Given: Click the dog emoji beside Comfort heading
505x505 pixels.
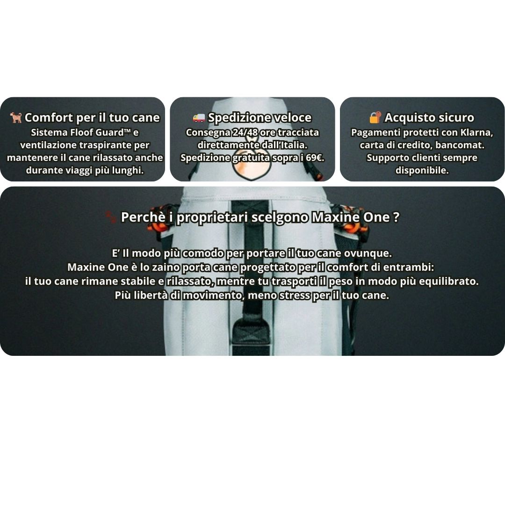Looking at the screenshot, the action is tap(16, 117).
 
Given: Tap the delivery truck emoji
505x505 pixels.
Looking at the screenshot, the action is tap(199, 118).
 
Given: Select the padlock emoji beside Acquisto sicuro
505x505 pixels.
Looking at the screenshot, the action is tap(375, 117).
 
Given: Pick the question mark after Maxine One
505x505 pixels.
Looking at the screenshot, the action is tap(396, 217).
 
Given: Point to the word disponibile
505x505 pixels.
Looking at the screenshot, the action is tap(422, 170).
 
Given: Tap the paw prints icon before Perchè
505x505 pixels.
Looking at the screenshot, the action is tap(111, 217).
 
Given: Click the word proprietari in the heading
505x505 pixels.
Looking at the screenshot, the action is tap(213, 217).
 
